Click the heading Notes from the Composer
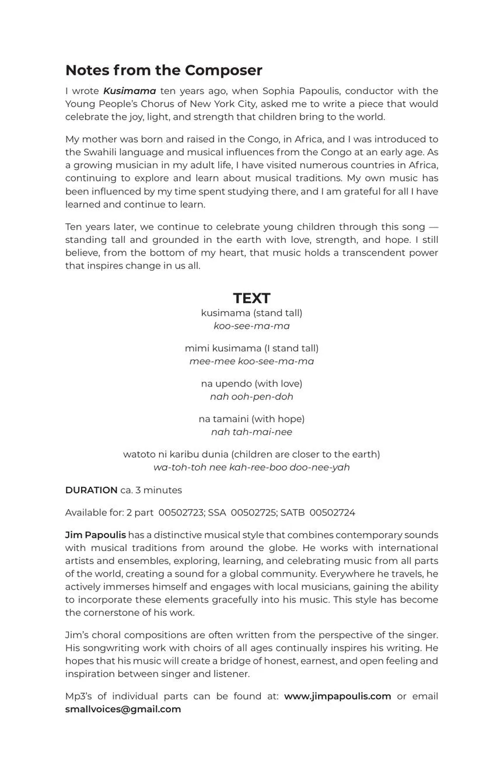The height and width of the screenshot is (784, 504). pyautogui.click(x=164, y=70)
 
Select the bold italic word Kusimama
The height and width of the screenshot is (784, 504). pyautogui.click(x=129, y=91)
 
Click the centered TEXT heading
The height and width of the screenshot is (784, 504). pyautogui.click(x=251, y=298)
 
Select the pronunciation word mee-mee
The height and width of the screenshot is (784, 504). pyautogui.click(x=212, y=361)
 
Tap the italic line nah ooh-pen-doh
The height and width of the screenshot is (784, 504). pyautogui.click(x=251, y=397)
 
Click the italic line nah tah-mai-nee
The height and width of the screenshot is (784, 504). pyautogui.click(x=251, y=432)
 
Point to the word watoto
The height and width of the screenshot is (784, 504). pyautogui.click(x=139, y=454)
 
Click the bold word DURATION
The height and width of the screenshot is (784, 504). pyautogui.click(x=91, y=490)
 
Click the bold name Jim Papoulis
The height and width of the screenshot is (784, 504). pyautogui.click(x=95, y=535)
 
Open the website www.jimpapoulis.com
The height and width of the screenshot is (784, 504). pyautogui.click(x=337, y=696)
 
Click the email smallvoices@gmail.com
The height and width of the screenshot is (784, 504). pyautogui.click(x=123, y=709)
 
